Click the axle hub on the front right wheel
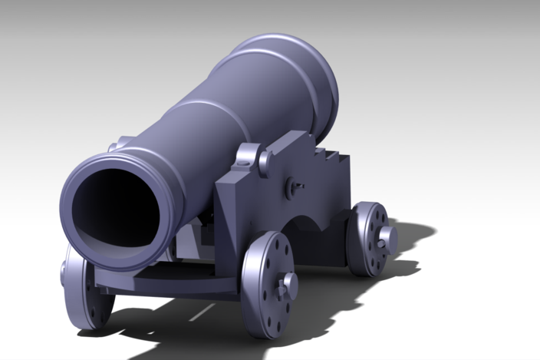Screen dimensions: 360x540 point(289,286)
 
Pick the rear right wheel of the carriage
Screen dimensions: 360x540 point(369,239)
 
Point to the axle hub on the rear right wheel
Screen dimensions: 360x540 point(386,239)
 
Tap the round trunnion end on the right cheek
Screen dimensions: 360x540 point(265,162)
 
